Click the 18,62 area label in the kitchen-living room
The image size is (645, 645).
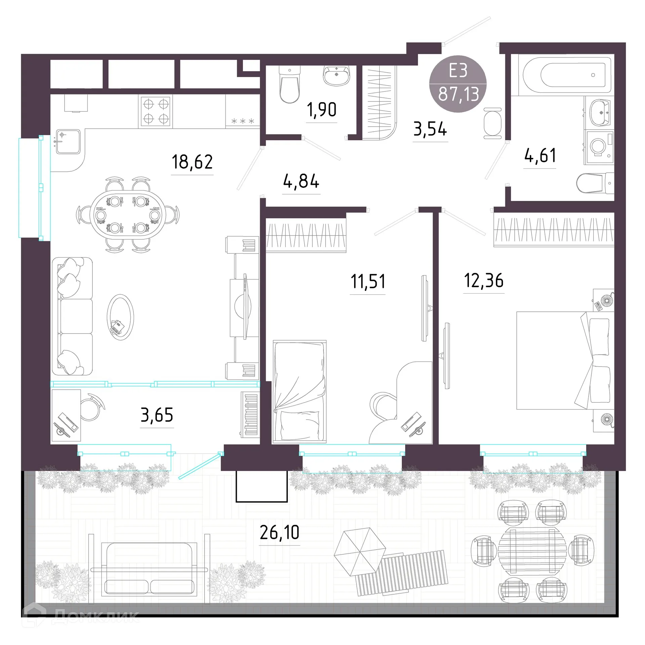[192, 162]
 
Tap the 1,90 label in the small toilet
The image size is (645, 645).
[321, 110]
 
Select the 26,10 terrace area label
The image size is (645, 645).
[279, 532]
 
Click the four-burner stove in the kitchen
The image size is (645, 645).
[156, 111]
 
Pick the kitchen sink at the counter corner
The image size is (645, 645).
[68, 141]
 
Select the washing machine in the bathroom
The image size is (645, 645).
[599, 147]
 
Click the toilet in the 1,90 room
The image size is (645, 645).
[289, 84]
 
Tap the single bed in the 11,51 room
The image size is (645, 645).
[299, 392]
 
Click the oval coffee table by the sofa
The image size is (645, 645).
[120, 317]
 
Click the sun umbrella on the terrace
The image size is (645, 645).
[360, 552]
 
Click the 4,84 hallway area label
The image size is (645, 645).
[301, 181]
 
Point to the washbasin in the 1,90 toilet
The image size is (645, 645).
[337, 76]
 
